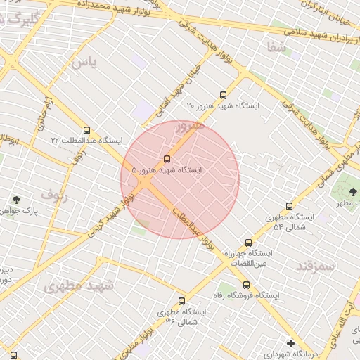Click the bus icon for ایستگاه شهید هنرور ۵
pos(167,159)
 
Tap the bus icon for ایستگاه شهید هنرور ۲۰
pos(224,94)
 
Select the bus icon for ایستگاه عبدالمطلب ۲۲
pos(86,130)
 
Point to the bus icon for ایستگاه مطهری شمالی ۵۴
pos(289,206)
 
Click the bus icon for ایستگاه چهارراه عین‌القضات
pos(247,243)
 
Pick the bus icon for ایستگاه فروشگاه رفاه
pos(245,285)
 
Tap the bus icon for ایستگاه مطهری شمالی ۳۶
pos(182,301)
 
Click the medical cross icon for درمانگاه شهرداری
pos(291,343)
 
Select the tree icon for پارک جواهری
pos(16,200)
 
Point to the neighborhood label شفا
pos(276,48)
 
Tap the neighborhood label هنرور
pos(190,127)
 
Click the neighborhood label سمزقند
pos(315,265)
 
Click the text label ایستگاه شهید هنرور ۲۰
pos(224,105)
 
